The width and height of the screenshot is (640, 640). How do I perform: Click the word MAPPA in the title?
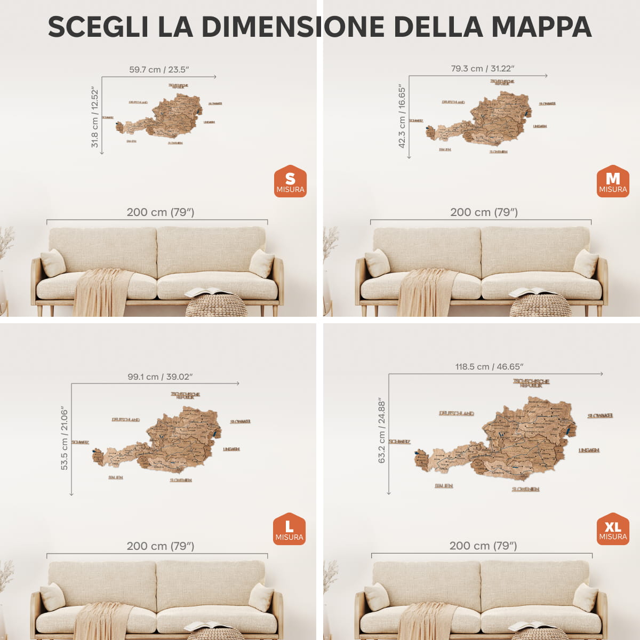tap(541, 27)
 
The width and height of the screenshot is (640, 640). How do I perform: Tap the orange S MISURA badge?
tap(290, 182)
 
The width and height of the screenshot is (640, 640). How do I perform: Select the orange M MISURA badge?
tap(613, 182)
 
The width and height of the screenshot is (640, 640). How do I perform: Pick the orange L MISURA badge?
tap(289, 530)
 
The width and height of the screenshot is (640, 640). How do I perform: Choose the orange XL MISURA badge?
tap(613, 529)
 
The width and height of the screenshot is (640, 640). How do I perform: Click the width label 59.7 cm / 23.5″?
tap(159, 70)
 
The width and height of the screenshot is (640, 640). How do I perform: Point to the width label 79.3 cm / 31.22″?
tap(483, 69)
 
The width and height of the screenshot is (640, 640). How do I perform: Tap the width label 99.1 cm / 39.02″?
tap(160, 377)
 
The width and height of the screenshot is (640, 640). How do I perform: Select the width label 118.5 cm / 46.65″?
tap(489, 367)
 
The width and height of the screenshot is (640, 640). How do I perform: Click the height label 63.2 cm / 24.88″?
tap(382, 430)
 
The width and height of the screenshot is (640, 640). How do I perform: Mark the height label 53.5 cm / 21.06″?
tap(65, 438)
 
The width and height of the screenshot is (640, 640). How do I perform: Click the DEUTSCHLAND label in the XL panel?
tap(457, 413)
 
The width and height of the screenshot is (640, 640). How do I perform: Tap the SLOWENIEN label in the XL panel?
tap(526, 489)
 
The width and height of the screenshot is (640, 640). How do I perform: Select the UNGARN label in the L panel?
tap(231, 449)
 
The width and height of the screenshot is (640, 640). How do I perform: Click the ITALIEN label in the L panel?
tap(116, 477)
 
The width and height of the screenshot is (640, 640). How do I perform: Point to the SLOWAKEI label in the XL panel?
tap(601, 415)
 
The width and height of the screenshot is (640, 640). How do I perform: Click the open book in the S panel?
tap(209, 292)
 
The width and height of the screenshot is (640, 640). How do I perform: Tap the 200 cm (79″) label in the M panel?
tap(484, 212)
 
